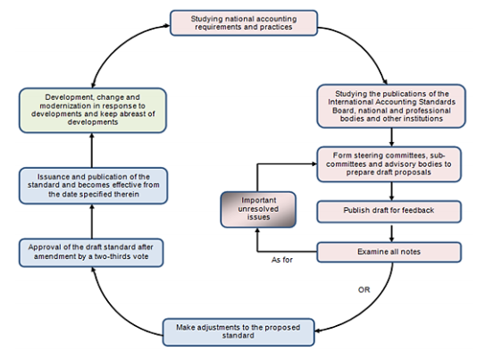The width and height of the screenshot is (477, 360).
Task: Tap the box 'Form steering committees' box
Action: pos(389,164)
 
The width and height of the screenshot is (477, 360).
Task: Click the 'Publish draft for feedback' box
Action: pos(389,213)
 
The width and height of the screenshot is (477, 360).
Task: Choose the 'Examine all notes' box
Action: pos(389,253)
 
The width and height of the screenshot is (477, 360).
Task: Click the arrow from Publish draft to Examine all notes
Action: pos(389,232)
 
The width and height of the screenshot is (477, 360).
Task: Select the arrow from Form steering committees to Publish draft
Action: pos(389,191)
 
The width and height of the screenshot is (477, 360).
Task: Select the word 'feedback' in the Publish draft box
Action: pos(413,213)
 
